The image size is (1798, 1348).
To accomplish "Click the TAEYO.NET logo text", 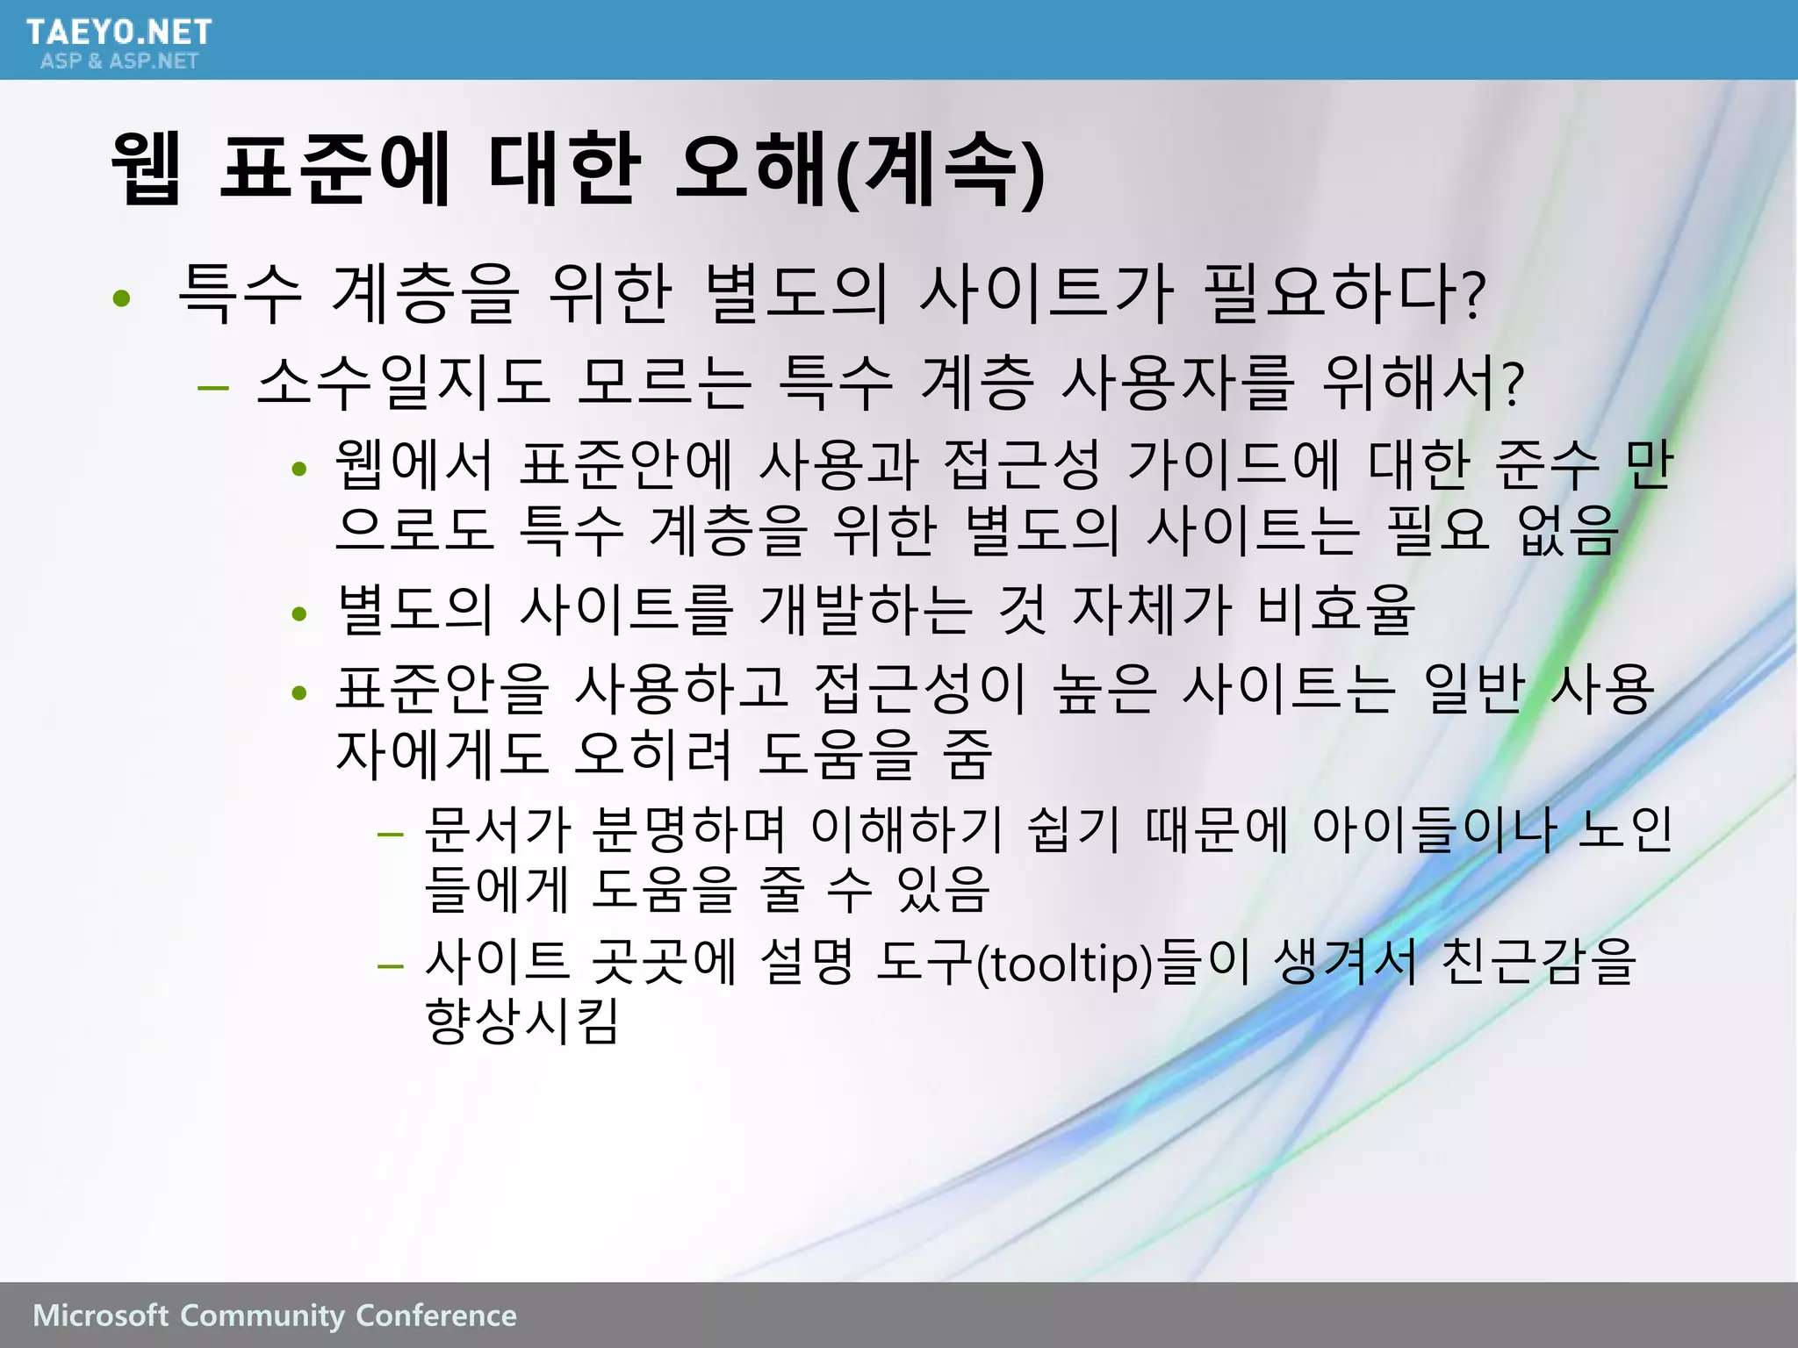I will pyautogui.click(x=119, y=32).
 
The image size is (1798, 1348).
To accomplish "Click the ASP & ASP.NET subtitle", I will pyautogui.click(x=119, y=61).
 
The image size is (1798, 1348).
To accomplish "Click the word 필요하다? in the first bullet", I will pyautogui.click(x=1343, y=294).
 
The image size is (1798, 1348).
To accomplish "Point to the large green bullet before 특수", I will pyautogui.click(x=122, y=298).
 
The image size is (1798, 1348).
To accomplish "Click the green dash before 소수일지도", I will pyautogui.click(x=213, y=386).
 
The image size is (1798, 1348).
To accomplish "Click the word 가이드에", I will pyautogui.click(x=1233, y=465).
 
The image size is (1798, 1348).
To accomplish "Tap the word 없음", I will pyautogui.click(x=1567, y=530).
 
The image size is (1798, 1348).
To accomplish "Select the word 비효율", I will pyautogui.click(x=1334, y=609).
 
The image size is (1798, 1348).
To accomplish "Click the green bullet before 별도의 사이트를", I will pyautogui.click(x=299, y=613).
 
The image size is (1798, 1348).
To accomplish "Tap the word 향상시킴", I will pyautogui.click(x=522, y=1021).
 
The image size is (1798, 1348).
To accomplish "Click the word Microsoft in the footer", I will pyautogui.click(x=100, y=1316).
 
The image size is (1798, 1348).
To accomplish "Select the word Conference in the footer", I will pyautogui.click(x=436, y=1316).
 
